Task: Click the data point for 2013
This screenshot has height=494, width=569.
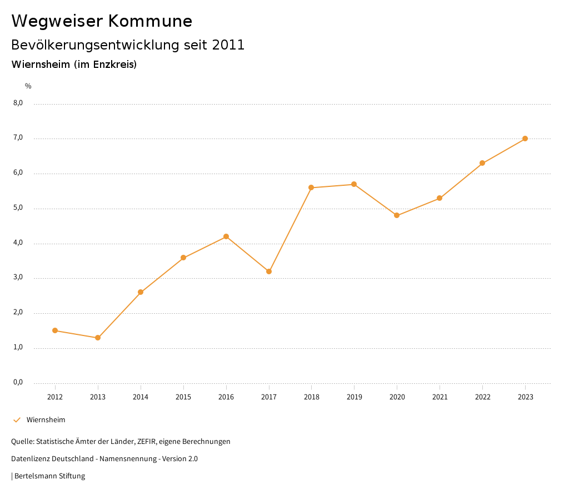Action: [x=98, y=338]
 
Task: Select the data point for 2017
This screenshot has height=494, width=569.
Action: [x=269, y=271]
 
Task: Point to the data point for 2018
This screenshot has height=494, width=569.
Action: [x=311, y=187]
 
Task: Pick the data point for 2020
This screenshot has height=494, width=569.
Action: [x=397, y=215]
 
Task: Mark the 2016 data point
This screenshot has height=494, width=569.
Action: [x=226, y=236]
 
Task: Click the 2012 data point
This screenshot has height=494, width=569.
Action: [x=55, y=330]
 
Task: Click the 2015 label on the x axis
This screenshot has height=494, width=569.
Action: [x=183, y=397]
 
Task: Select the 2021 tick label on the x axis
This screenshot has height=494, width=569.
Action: [x=440, y=397]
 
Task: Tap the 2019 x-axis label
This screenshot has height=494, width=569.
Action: [x=354, y=397]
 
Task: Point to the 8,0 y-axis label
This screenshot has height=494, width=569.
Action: [x=18, y=103]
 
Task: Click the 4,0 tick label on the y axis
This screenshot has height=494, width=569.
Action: [x=18, y=243]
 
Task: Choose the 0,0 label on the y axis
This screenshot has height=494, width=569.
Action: [x=18, y=382]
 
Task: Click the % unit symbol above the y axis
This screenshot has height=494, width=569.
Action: [x=28, y=86]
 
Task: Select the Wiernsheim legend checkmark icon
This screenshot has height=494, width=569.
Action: [x=17, y=420]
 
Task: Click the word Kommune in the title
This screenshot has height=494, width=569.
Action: [x=150, y=21]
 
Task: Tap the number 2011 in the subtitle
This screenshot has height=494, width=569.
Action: [x=228, y=45]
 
